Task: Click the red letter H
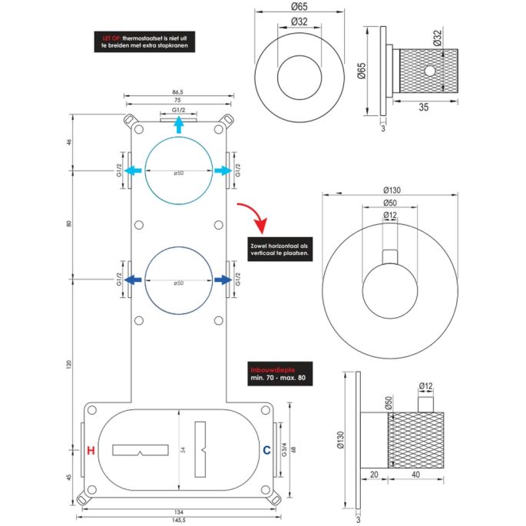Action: click(x=91, y=450)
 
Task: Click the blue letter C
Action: click(x=266, y=450)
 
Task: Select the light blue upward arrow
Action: click(x=178, y=124)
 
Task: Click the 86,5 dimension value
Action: click(x=178, y=92)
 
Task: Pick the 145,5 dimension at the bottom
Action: click(x=178, y=519)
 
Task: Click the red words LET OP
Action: click(x=112, y=36)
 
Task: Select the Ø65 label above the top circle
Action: click(x=299, y=7)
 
